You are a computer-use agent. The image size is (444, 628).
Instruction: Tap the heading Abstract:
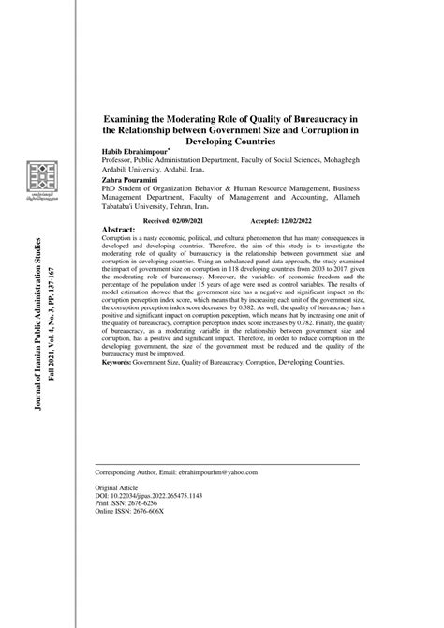(x=117, y=228)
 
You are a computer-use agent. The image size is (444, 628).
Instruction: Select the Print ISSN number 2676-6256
(x=155, y=505)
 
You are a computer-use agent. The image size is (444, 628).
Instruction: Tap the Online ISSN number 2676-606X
(x=160, y=514)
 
